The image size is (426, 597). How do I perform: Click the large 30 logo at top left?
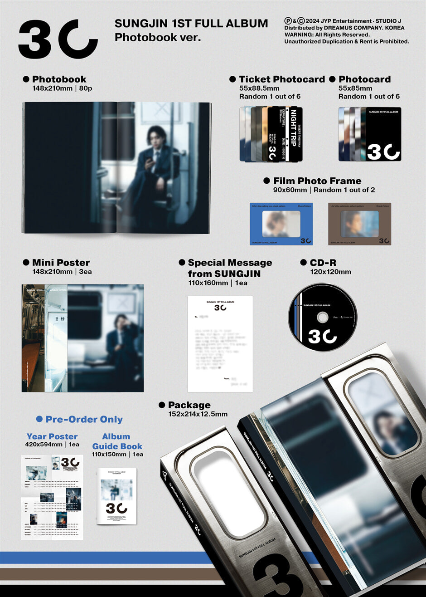click(x=58, y=39)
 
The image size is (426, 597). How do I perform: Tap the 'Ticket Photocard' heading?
click(x=282, y=79)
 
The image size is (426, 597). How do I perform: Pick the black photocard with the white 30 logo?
click(x=383, y=134)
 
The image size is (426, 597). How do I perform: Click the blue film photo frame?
click(x=281, y=224)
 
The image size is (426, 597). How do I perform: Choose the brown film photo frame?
click(x=359, y=224)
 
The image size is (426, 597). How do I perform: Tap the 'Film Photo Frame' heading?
click(x=317, y=181)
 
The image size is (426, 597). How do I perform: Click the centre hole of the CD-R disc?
click(x=323, y=317)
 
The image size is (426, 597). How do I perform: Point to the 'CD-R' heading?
click(x=323, y=263)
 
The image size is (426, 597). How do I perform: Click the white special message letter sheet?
click(x=220, y=343)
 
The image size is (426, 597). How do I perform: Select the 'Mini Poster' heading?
click(x=61, y=263)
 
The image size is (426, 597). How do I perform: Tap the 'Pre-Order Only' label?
click(x=84, y=419)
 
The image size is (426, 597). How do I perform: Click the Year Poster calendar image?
click(x=52, y=497)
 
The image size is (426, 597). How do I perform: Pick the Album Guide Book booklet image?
click(x=116, y=496)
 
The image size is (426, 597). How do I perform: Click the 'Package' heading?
click(x=189, y=405)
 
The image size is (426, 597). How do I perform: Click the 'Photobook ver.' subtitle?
click(x=157, y=37)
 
